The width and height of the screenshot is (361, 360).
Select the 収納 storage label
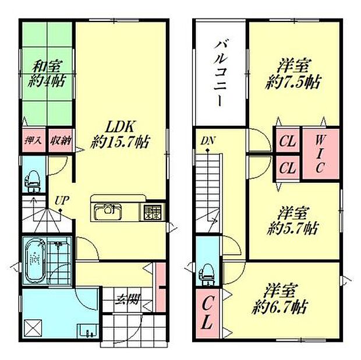(59, 141)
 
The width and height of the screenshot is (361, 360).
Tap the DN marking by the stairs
(208, 140)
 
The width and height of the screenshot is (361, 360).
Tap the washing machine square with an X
(33, 328)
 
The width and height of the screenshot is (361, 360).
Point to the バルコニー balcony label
(221, 72)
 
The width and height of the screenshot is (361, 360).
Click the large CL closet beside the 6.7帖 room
(207, 313)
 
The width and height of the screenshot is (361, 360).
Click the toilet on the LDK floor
(33, 180)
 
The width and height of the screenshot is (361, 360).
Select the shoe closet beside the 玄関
(161, 287)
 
